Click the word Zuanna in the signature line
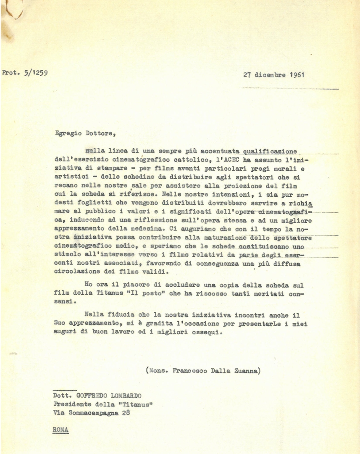(x=247, y=371)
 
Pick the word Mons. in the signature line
(x=158, y=371)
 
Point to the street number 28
(x=126, y=413)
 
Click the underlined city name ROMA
(x=61, y=430)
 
